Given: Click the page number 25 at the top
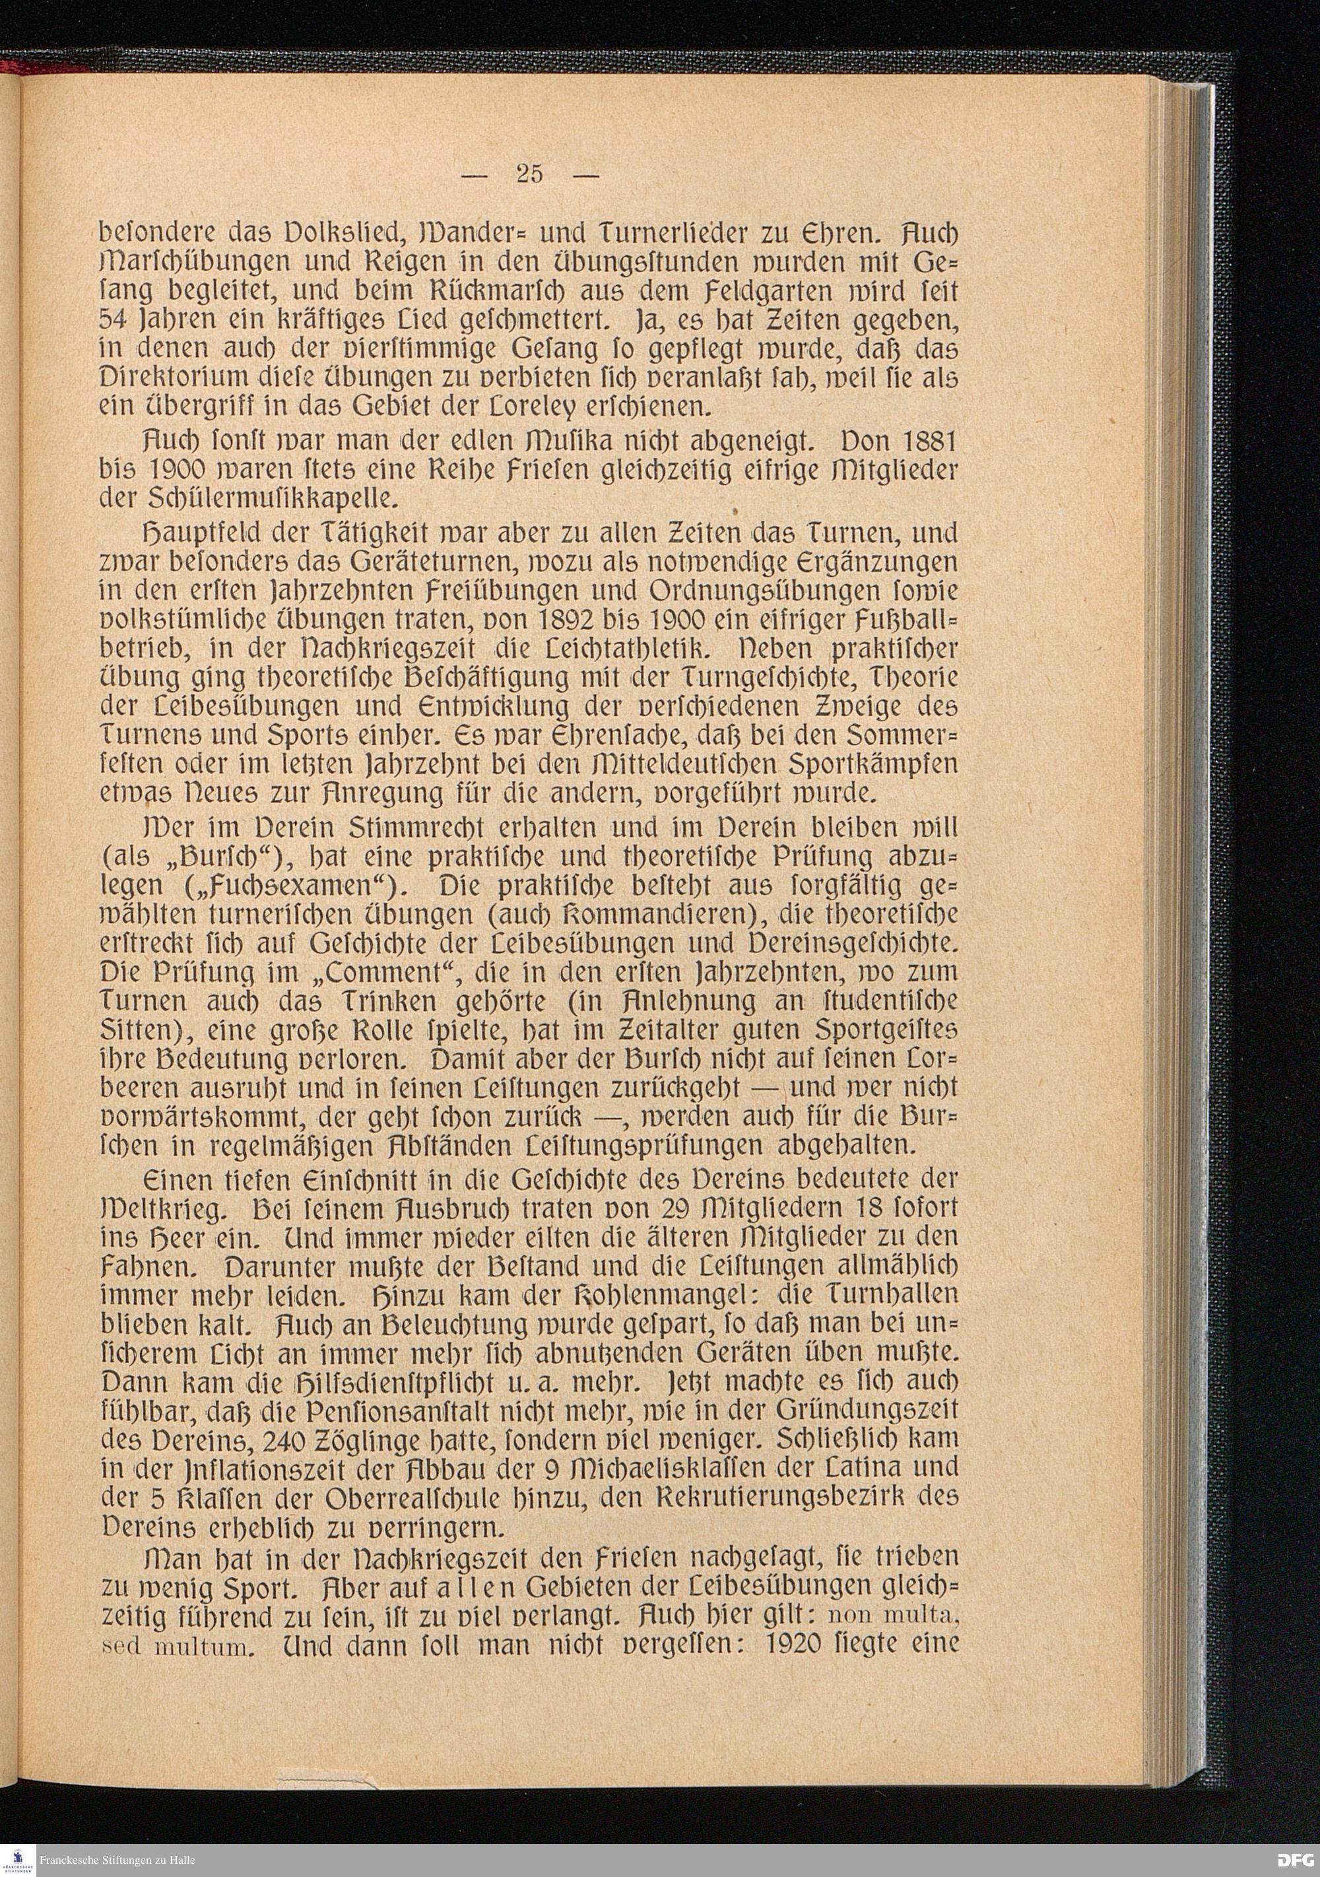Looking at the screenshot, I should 529,174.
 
